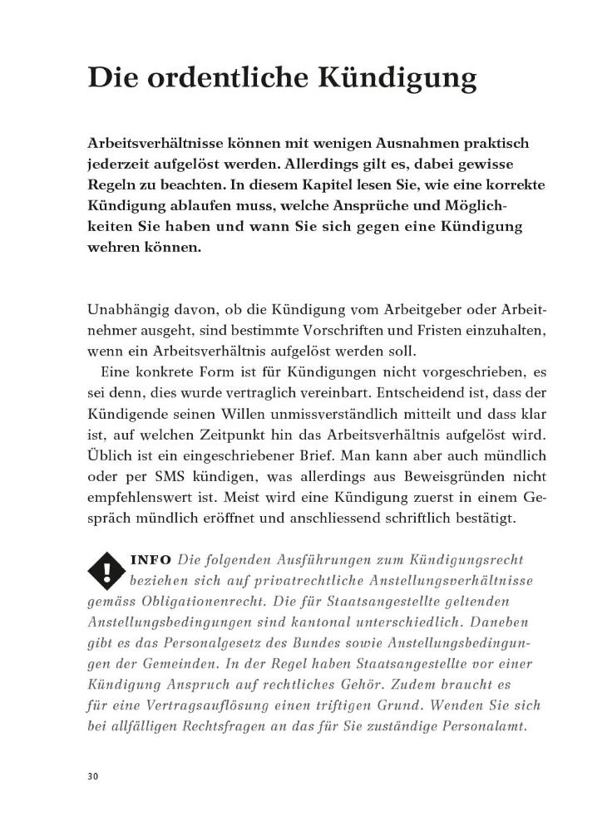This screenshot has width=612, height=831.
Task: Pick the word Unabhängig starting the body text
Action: coord(126,310)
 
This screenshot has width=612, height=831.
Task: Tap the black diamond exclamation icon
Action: coord(106,571)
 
